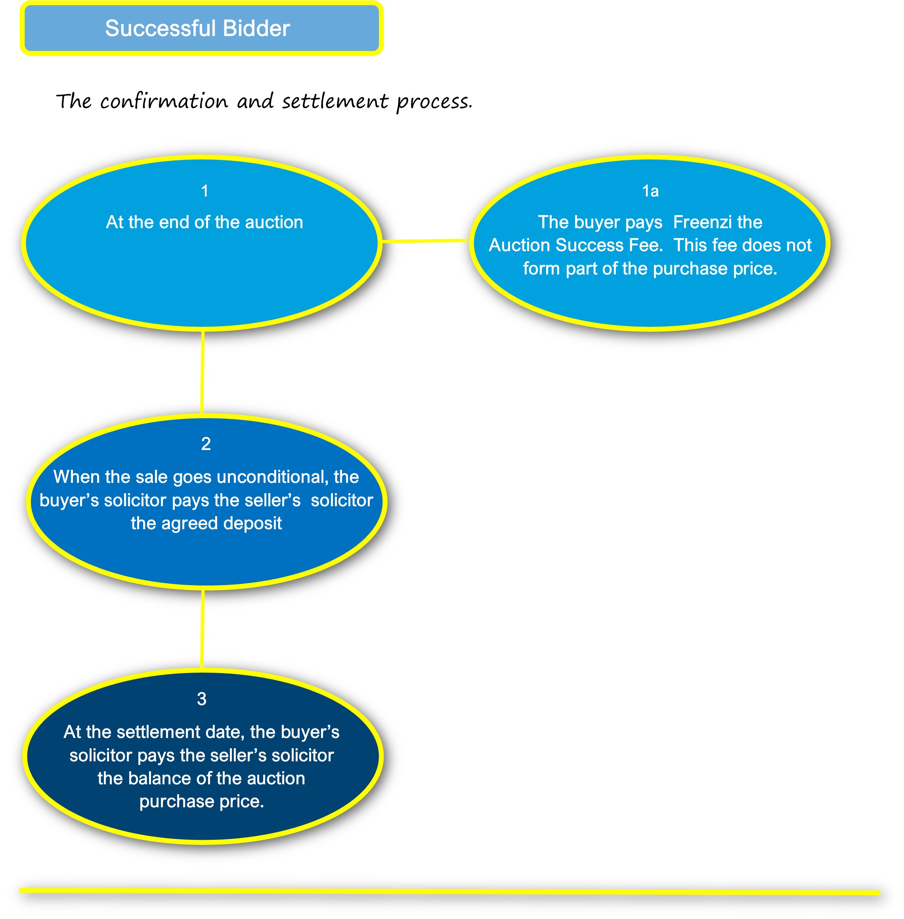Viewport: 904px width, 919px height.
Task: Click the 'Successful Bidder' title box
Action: click(x=201, y=28)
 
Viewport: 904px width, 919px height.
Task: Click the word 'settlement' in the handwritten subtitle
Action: click(x=335, y=101)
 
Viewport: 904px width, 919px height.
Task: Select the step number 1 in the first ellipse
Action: click(x=204, y=191)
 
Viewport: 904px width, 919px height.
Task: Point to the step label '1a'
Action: click(x=650, y=191)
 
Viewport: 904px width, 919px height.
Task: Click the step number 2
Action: click(x=206, y=444)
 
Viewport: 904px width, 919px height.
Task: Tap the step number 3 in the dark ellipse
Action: click(x=202, y=698)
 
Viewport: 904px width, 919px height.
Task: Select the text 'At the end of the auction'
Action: click(x=204, y=222)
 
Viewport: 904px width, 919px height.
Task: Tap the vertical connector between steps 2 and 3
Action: click(x=203, y=629)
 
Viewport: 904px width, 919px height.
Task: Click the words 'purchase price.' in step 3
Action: click(x=201, y=801)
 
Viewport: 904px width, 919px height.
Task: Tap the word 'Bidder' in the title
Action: click(x=256, y=29)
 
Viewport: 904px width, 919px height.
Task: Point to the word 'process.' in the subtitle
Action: click(x=434, y=101)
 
